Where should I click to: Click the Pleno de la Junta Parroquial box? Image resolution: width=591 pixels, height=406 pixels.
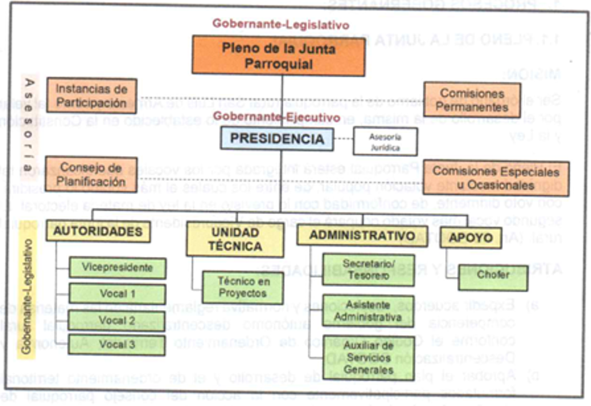pos(278,56)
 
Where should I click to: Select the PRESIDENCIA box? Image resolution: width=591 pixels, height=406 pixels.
pos(277,138)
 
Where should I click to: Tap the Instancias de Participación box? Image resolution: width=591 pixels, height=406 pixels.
pos(91,96)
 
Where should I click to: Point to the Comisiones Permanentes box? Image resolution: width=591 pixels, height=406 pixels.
pos(472,100)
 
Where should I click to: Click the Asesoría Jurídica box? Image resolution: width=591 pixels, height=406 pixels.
pos(384,142)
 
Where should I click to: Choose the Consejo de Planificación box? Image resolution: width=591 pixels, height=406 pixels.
pos(91,174)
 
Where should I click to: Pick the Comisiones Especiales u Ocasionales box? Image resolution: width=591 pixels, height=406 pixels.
pos(496,178)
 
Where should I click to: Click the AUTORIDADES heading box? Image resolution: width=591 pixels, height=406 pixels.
pos(98,231)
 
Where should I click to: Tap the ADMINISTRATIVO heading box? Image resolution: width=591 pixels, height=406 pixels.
pos(362,235)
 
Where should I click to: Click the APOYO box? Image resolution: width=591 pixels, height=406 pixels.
pos(470,237)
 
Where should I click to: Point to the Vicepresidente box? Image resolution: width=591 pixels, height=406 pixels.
pos(117,268)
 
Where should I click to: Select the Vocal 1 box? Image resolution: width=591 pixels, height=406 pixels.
pos(117,294)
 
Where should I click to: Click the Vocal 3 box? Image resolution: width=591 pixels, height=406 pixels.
pos(117,344)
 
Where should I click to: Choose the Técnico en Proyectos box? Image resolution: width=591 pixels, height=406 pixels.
pos(242,288)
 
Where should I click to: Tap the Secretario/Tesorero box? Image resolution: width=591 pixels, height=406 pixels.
pos(368,269)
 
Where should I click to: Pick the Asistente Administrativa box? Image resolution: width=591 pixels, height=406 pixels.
pos(368,311)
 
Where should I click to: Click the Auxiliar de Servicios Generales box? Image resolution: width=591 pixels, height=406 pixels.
pos(368,357)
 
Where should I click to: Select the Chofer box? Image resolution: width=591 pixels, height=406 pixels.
pos(493,276)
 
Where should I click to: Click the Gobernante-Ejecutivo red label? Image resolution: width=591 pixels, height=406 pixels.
pos(277,117)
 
